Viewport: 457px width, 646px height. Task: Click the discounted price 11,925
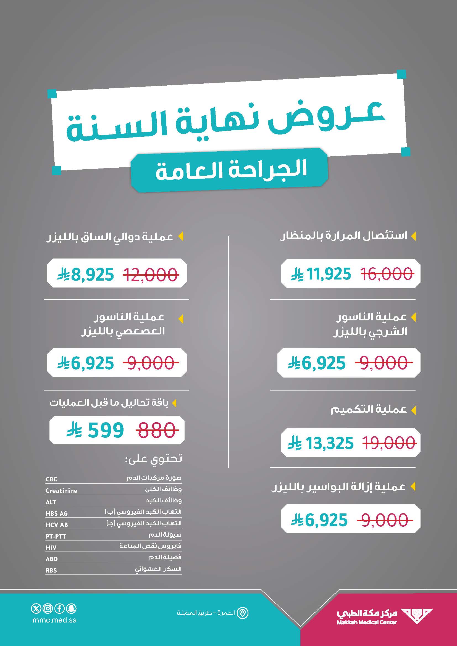click(x=329, y=274)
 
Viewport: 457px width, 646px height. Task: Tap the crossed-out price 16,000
click(x=387, y=274)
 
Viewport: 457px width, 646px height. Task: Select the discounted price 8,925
click(x=93, y=275)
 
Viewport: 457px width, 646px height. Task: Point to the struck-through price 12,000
click(x=151, y=275)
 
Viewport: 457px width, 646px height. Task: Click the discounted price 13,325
click(x=329, y=443)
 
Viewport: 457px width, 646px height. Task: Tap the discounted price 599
click(x=106, y=430)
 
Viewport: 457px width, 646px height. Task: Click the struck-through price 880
click(x=156, y=430)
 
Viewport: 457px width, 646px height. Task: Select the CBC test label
click(x=51, y=479)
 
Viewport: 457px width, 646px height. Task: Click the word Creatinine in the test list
click(x=61, y=491)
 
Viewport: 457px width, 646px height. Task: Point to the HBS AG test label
click(x=57, y=513)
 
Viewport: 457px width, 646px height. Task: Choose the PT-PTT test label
click(x=56, y=536)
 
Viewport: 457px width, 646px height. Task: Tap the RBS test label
click(x=51, y=570)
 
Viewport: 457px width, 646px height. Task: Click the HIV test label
click(x=51, y=547)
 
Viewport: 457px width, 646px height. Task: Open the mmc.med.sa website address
click(x=54, y=620)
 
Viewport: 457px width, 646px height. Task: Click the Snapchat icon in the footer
click(x=72, y=609)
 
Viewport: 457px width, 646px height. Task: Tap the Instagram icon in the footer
click(x=48, y=609)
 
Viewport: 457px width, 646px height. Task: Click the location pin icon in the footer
click(x=243, y=613)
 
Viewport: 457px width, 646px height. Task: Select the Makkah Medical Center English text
click(x=367, y=622)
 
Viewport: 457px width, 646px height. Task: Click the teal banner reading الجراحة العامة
click(x=229, y=170)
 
